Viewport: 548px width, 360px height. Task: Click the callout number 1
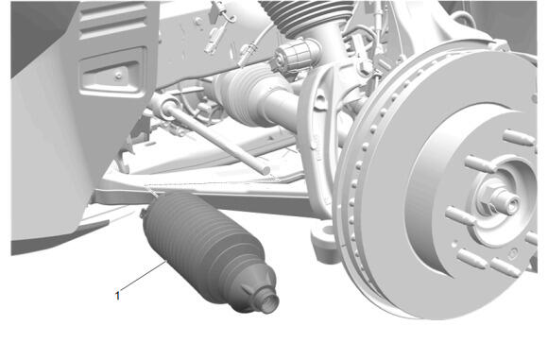(117, 296)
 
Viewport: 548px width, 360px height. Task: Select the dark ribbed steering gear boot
(209, 251)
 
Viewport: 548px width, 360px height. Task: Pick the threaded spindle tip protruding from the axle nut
(508, 201)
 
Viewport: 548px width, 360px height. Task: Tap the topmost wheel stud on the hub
(519, 138)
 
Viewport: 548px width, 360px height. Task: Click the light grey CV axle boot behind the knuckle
(245, 94)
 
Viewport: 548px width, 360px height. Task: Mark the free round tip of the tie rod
(265, 171)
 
